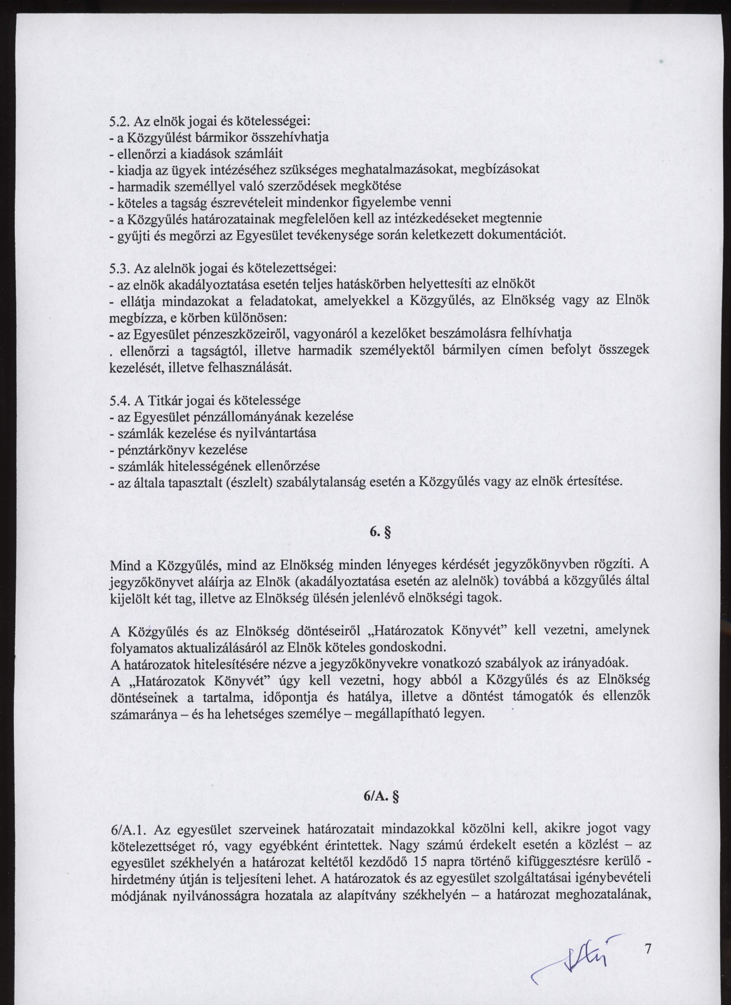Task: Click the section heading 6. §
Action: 380,532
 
